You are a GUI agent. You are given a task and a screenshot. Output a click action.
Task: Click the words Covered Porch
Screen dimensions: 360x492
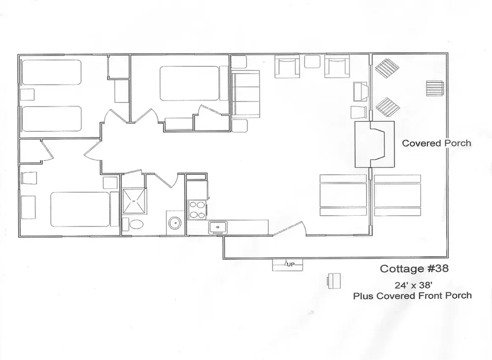[436, 143]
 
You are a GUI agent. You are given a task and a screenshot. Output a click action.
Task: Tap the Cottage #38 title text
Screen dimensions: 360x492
[414, 269]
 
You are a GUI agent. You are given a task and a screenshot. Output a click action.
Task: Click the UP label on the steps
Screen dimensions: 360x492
[290, 265]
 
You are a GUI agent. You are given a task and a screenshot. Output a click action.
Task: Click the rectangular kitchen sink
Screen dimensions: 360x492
[217, 227]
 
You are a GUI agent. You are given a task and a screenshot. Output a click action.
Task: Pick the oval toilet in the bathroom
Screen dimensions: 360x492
[134, 224]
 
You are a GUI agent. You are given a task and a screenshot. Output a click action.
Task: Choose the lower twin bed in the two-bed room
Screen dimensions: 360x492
[51, 118]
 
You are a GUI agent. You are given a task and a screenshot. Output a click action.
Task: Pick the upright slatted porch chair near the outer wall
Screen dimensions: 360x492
[435, 89]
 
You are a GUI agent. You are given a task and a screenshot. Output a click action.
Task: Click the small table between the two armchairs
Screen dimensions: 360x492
[312, 61]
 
